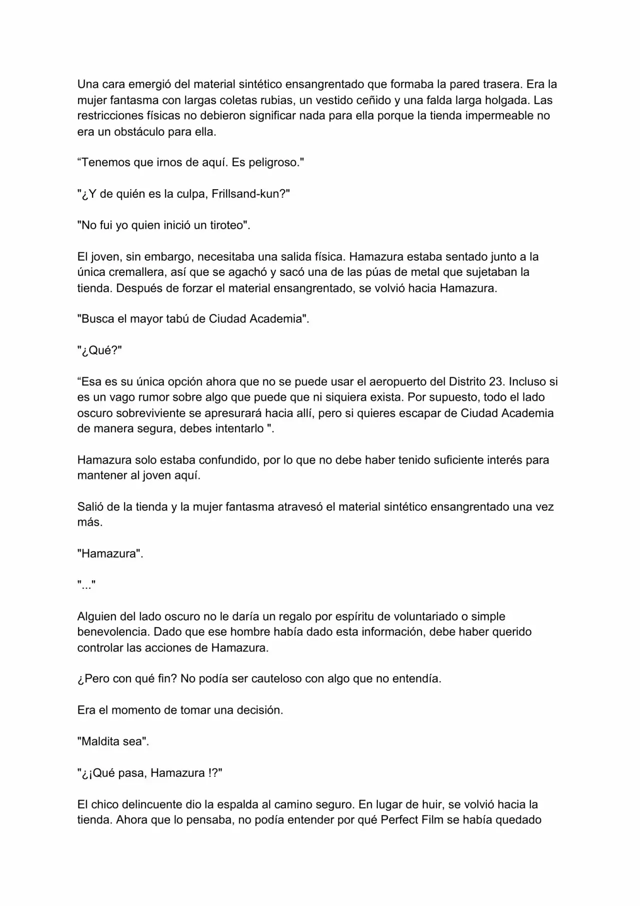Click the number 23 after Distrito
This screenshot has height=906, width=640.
pyautogui.click(x=495, y=382)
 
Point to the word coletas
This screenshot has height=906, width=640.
pyautogui.click(x=229, y=101)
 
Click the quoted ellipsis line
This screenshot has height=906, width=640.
pyautogui.click(x=86, y=585)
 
